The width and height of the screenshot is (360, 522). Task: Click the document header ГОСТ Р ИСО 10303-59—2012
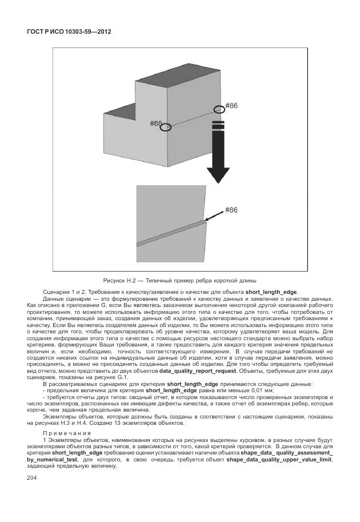coord(69,31)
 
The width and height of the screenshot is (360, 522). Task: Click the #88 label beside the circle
coord(155,123)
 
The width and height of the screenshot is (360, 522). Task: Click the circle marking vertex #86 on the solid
coord(219,109)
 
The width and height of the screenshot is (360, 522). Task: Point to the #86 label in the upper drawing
coord(231,106)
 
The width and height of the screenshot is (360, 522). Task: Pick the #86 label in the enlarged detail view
coord(231,210)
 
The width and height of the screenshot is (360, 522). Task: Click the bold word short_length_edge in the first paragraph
coord(271,292)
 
